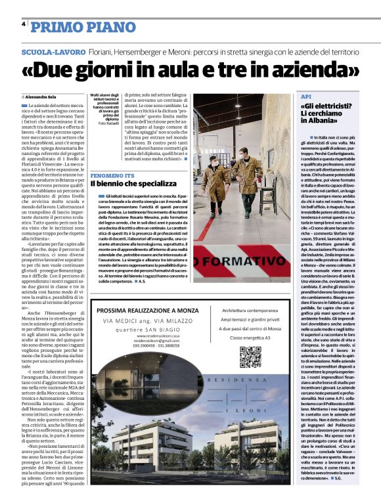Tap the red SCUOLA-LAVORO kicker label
coord(53,51)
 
